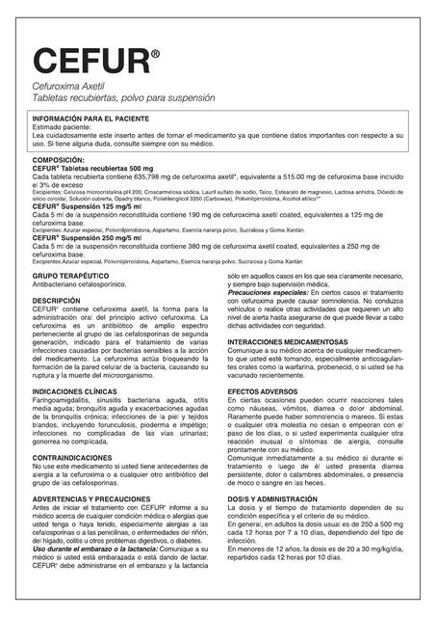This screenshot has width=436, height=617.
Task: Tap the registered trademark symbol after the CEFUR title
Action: coord(155,55)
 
